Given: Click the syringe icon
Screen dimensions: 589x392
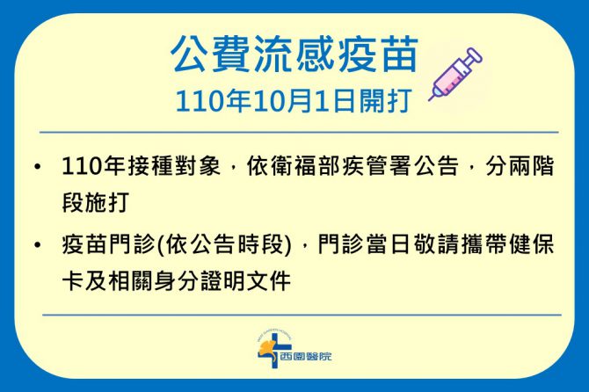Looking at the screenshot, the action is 455,75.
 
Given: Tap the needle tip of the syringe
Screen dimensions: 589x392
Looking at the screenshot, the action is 429,100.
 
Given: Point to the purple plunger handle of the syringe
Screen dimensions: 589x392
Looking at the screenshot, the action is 473,55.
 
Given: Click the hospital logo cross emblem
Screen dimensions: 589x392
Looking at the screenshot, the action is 273,348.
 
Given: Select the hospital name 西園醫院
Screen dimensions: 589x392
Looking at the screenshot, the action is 306,356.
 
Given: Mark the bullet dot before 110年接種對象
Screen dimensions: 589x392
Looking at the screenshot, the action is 37,166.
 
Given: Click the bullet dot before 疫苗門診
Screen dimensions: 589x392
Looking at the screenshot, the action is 37,245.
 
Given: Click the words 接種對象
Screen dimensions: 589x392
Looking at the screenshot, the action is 173,166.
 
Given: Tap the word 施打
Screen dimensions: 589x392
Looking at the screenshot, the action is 106,203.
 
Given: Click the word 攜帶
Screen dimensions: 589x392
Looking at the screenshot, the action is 483,245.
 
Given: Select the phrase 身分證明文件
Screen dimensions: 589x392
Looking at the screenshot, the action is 222,281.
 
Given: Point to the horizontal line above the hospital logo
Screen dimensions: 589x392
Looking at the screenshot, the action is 302,315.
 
